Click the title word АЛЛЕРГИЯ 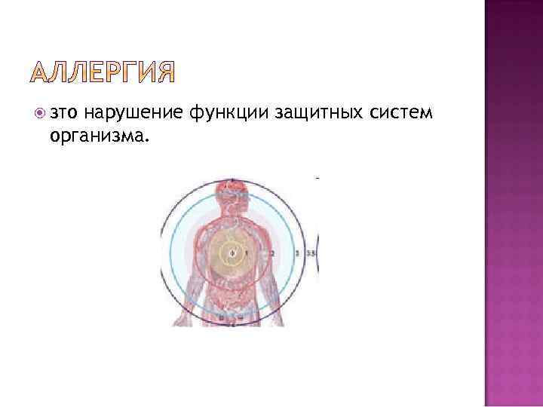104,72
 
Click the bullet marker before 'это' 40,114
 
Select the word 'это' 64,114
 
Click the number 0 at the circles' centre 232,252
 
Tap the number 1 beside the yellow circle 246,252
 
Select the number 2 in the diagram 272,252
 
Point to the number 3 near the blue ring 298,253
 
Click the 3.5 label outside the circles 311,253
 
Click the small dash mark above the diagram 318,178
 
